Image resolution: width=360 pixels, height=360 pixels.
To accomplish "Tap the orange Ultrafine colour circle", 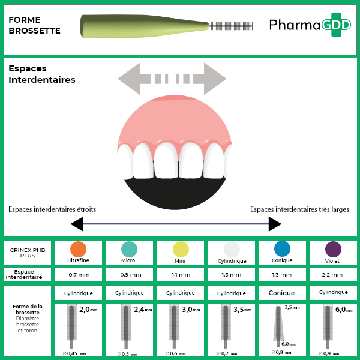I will point(78,250).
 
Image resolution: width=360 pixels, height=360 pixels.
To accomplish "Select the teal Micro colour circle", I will point(129,250).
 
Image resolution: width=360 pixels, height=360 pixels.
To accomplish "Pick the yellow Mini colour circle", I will point(180,250).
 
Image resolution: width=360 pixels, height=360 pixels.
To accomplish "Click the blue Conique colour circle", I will point(282,249).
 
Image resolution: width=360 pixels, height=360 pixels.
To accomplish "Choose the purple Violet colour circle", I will point(333,250).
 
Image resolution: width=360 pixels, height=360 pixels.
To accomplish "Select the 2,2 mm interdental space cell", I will point(333,275).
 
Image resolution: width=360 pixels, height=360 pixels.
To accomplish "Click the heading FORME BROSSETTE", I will point(34,25).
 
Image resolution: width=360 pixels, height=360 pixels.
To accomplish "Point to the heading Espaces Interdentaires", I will point(41,74).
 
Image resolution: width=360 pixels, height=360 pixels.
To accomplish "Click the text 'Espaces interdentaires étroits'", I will point(52,209).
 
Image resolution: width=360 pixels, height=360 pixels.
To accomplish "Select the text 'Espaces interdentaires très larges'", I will point(299,209).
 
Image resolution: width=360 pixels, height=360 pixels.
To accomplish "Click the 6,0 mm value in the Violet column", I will point(343,310).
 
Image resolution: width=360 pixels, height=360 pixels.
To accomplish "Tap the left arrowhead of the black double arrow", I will point(77,224).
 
